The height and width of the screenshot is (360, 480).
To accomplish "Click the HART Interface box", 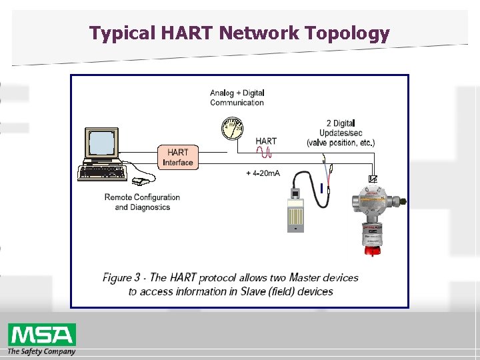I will coord(178,157).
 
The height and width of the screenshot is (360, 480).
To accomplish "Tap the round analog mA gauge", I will coord(231,129).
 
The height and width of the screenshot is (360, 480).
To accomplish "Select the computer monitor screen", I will coord(101,143).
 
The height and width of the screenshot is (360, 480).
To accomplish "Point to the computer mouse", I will coord(139,181).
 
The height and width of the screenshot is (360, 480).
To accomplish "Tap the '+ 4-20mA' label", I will coord(263,173).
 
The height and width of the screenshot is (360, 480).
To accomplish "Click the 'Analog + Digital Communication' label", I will coord(237,97).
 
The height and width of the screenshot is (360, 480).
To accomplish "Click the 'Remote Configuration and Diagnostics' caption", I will coord(142,202).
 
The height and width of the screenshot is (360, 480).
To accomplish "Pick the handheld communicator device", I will coord(295,210).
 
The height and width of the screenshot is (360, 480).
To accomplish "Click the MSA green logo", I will coord(41,335).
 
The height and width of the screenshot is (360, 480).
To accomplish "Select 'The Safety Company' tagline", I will coord(41,351).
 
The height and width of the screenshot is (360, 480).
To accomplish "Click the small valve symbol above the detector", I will coord(373,179).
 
